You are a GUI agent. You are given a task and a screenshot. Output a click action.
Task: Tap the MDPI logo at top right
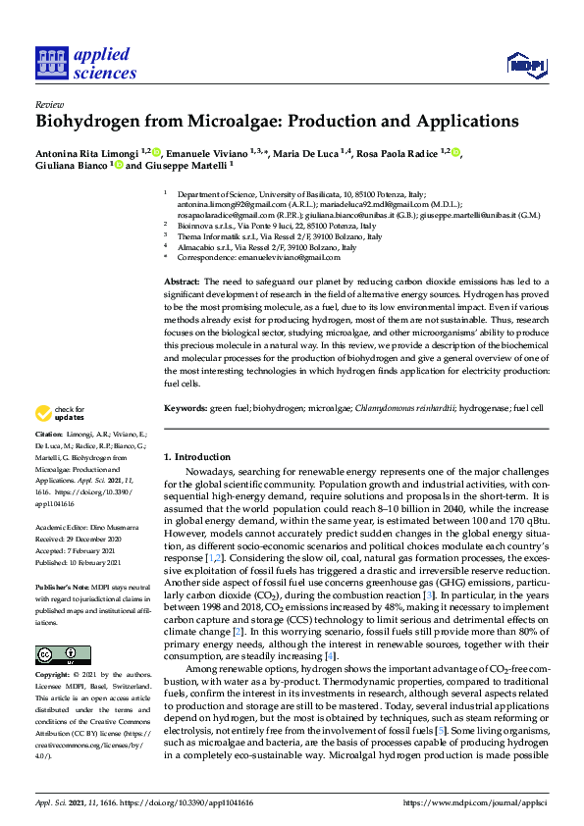pyautogui.click(x=526, y=65)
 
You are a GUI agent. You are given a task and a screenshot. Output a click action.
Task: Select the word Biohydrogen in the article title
pyautogui.click(x=86, y=122)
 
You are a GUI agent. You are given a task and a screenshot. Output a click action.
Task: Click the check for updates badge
pyautogui.click(x=60, y=411)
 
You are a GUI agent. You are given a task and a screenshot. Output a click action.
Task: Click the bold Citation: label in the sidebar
pyautogui.click(x=49, y=433)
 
